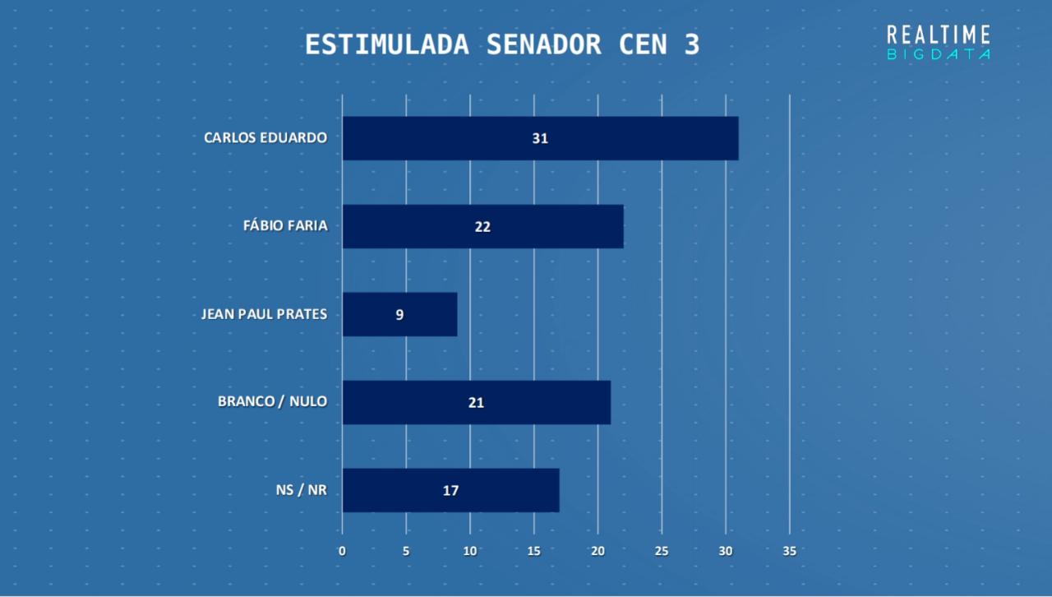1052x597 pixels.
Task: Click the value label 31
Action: coord(540,138)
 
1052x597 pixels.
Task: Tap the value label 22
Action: coord(482,226)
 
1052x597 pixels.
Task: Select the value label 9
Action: coord(399,314)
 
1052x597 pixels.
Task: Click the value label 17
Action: coord(450,490)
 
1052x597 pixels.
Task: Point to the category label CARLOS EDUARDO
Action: coord(265,137)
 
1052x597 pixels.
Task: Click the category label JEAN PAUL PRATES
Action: coord(264,313)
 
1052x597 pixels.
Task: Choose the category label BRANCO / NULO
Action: coord(272,401)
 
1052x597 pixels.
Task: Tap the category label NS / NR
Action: coord(301,490)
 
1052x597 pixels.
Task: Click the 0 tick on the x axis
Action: coord(342,551)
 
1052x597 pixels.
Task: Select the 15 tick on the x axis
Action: coord(534,551)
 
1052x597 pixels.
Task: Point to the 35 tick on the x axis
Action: coord(789,551)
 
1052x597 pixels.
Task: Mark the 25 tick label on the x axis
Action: coord(662,551)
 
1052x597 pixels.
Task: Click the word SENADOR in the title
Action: coord(543,44)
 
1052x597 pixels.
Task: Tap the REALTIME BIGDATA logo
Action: coord(939,42)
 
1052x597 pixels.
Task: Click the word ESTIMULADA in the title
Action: coord(386,44)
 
